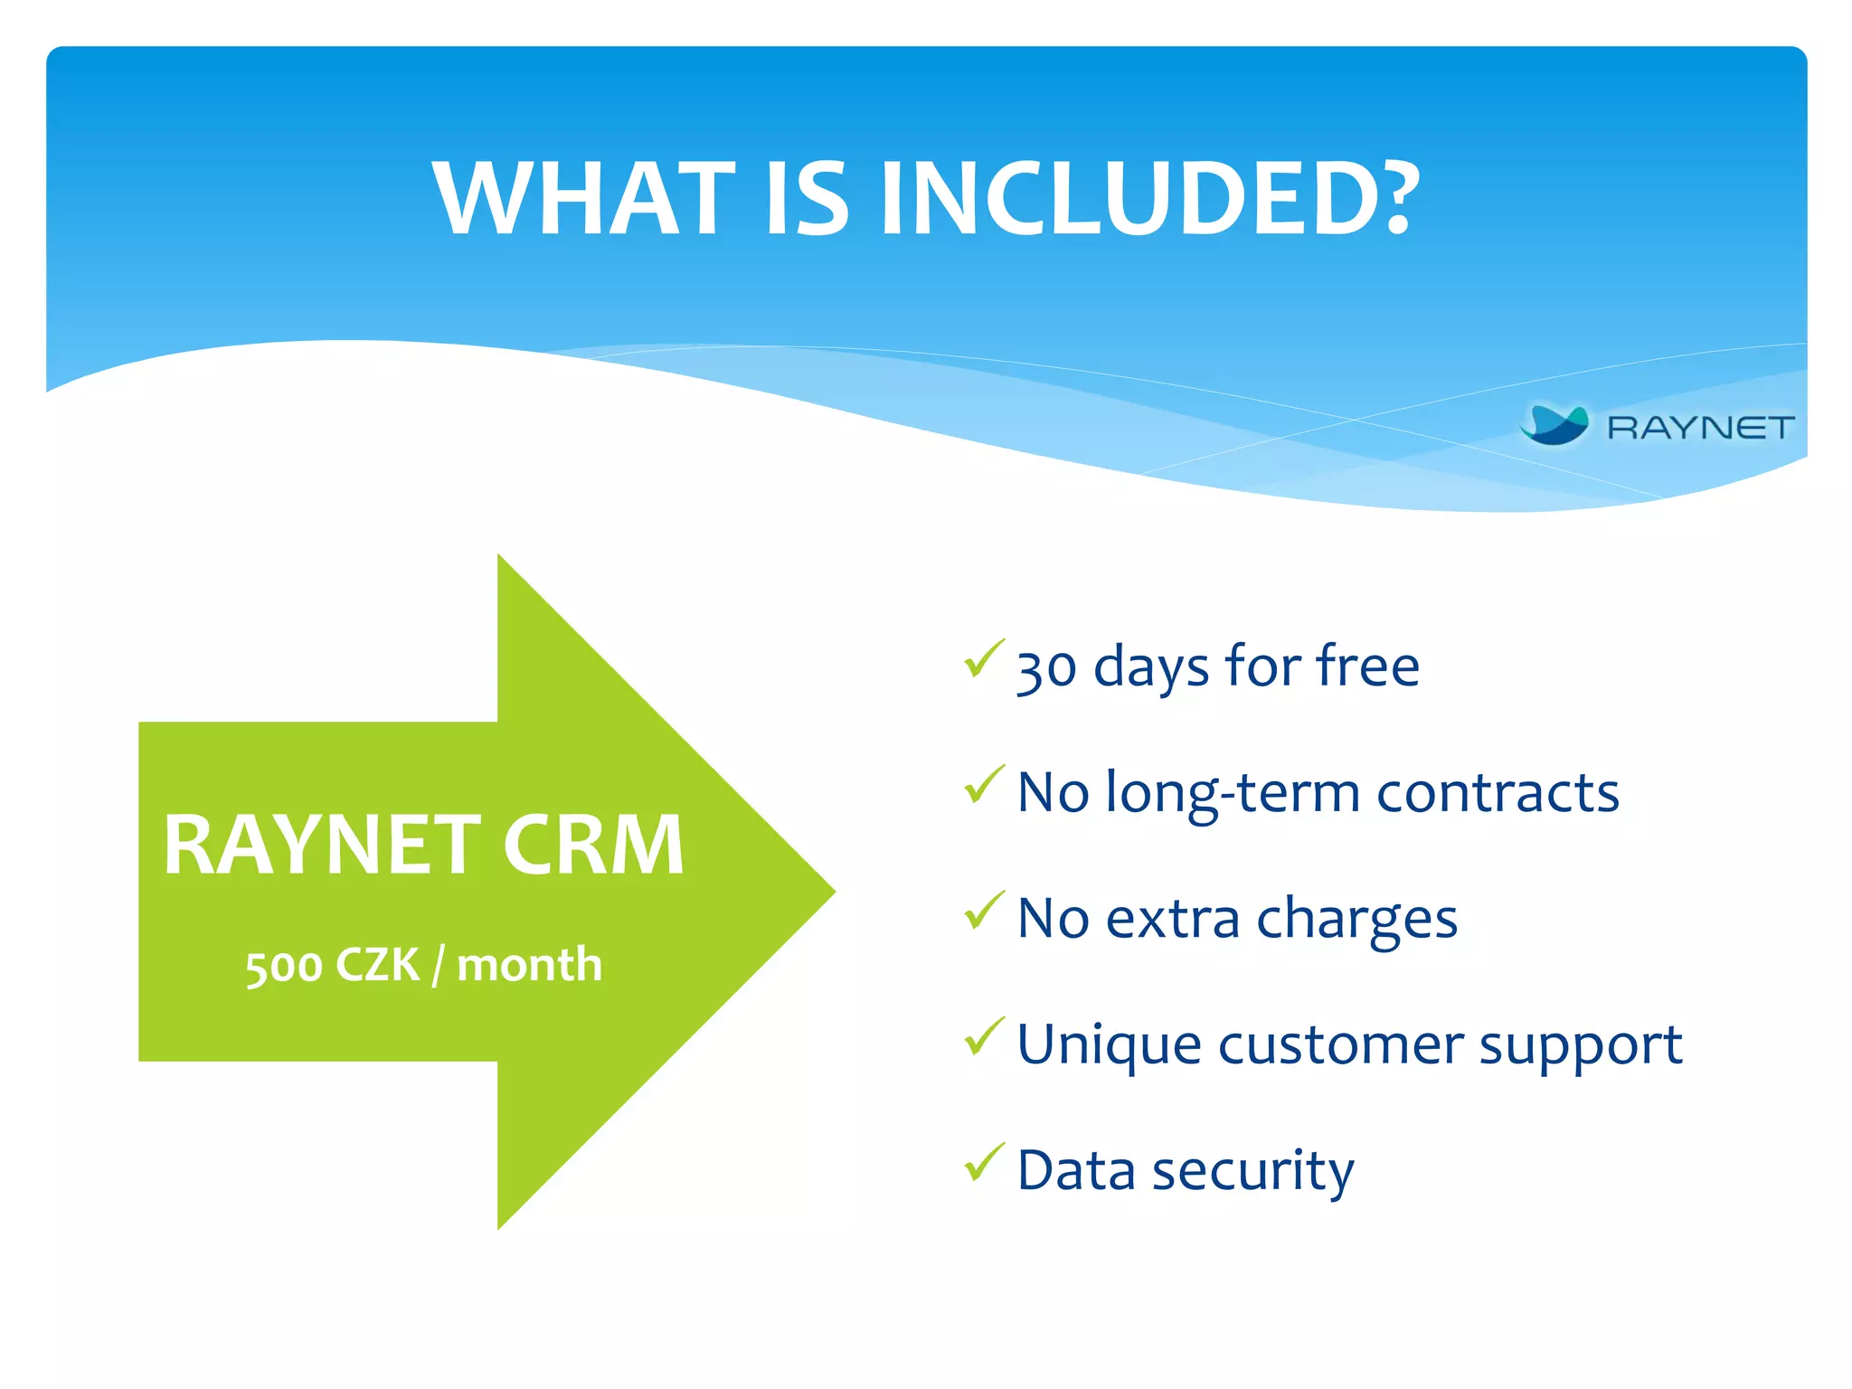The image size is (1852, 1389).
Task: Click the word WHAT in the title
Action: tap(584, 199)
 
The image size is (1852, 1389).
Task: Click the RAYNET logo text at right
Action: tap(1700, 427)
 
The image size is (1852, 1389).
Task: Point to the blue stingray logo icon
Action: tap(1554, 425)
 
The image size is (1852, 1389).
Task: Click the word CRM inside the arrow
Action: tap(593, 846)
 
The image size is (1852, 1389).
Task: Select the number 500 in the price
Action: tap(284, 966)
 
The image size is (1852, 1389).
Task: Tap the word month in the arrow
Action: tap(530, 964)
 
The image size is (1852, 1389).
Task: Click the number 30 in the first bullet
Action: tap(1046, 669)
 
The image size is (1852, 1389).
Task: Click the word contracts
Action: tap(1498, 793)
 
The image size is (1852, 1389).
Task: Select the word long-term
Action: tap(1233, 793)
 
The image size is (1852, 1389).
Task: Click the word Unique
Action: tap(1110, 1045)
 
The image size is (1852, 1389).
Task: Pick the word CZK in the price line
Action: tap(377, 965)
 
